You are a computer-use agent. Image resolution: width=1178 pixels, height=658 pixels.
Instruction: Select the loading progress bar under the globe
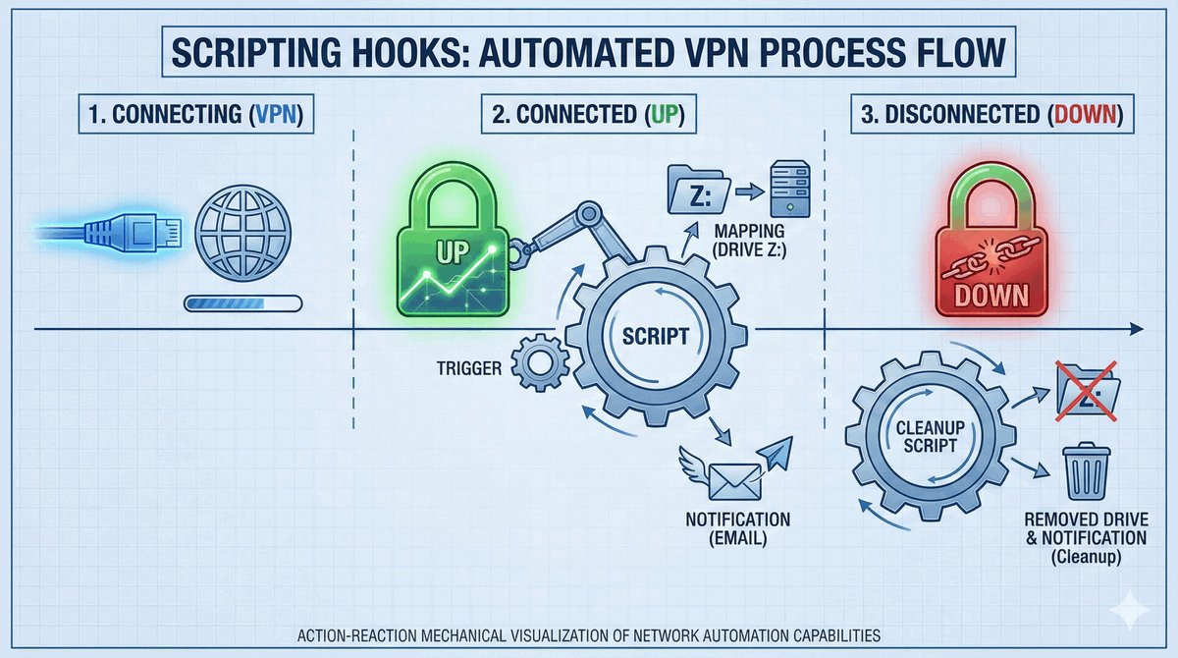coord(242,305)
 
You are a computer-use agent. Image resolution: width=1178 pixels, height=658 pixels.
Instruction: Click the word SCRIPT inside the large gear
coord(656,334)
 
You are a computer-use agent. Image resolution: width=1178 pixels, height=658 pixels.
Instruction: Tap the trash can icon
coord(1086,472)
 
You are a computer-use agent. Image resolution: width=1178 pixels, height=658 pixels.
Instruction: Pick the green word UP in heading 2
coord(663,114)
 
